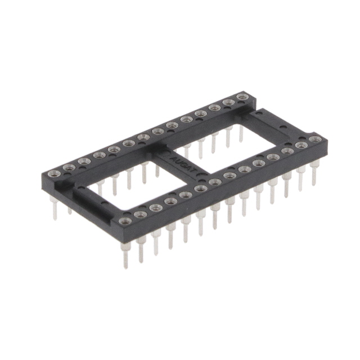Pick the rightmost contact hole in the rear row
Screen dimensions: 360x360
point(242,97)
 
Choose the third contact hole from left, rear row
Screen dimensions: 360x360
point(84,161)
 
